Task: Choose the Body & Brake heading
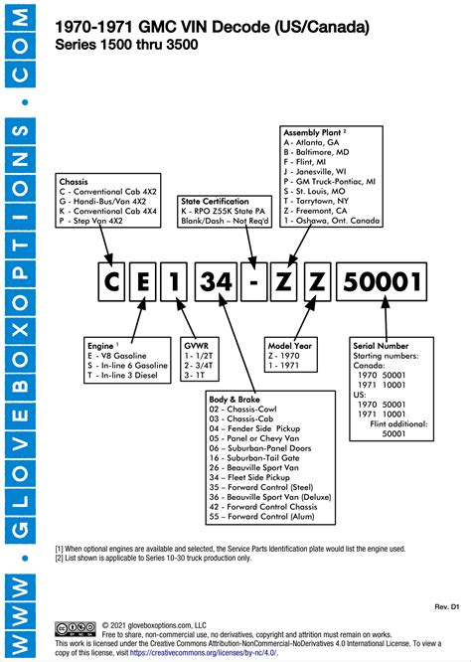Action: (x=235, y=398)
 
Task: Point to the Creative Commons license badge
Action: (x=77, y=628)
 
